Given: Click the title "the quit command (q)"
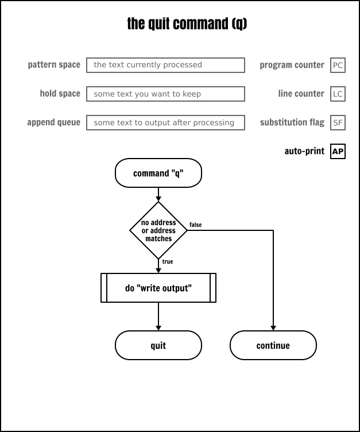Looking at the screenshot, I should point(187,24).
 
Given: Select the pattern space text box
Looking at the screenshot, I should point(165,65).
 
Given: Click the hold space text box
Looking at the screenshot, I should point(165,94).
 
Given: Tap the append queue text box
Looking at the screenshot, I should point(165,122).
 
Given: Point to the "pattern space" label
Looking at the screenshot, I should point(54,65).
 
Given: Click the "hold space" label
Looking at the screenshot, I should point(60,94).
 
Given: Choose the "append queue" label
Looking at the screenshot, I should point(53,122).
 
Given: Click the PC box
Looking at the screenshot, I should point(338,65).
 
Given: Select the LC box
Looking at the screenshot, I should point(338,94).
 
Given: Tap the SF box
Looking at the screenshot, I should point(338,122).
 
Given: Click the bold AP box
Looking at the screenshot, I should point(338,152).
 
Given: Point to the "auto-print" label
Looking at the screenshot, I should point(304,152).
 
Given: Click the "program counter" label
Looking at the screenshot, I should point(292,65).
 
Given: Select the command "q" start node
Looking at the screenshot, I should point(158,173).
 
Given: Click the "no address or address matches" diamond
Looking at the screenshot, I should point(158,230).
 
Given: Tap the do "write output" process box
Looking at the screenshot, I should point(158,288).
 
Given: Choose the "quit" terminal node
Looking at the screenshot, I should point(158,346).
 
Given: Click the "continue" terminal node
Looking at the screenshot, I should point(273,346).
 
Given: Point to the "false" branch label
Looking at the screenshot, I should point(195,225).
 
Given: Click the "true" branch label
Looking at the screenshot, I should point(168,262).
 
